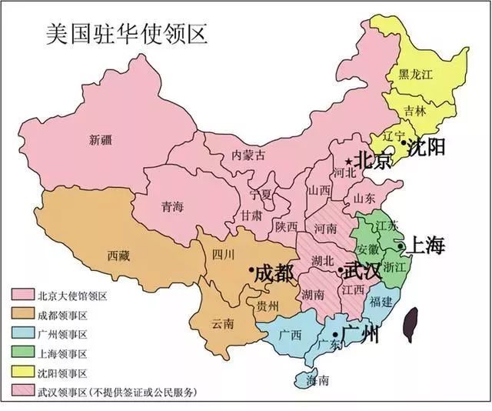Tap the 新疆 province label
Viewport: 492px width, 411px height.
pyautogui.click(x=101, y=139)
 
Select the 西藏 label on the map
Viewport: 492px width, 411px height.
pyautogui.click(x=120, y=255)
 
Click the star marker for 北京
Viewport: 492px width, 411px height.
pyautogui.click(x=349, y=161)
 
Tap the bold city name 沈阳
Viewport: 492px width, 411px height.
pyautogui.click(x=427, y=146)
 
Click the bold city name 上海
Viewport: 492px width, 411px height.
pyautogui.click(x=424, y=246)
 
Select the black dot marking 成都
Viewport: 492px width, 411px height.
pyautogui.click(x=251, y=270)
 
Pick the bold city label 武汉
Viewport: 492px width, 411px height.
pyautogui.click(x=361, y=271)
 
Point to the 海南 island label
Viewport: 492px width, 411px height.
pyautogui.click(x=317, y=380)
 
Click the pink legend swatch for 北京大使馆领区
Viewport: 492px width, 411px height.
pyautogui.click(x=22, y=296)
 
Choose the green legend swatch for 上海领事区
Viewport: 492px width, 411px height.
pyautogui.click(x=22, y=353)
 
